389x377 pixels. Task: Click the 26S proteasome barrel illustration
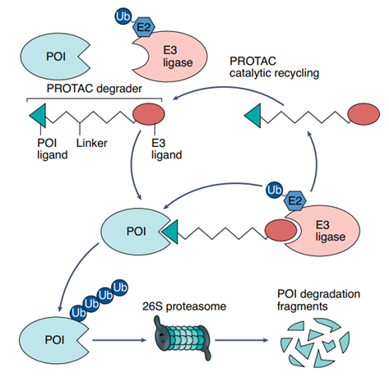pyautogui.click(x=182, y=338)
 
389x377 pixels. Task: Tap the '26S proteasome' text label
pyautogui.click(x=184, y=306)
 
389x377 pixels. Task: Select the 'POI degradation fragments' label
pyautogui.click(x=318, y=300)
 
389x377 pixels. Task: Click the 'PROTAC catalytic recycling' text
pyautogui.click(x=274, y=67)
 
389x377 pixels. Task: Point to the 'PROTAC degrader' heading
pyautogui.click(x=95, y=89)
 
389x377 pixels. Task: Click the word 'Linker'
pyautogui.click(x=91, y=143)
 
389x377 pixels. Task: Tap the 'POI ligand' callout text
pyautogui.click(x=53, y=149)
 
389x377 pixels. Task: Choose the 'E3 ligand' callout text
pyautogui.click(x=166, y=149)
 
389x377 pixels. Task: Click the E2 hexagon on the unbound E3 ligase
pyautogui.click(x=144, y=27)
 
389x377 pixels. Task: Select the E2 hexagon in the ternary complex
pyautogui.click(x=295, y=200)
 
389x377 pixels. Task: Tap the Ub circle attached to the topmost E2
pyautogui.click(x=123, y=16)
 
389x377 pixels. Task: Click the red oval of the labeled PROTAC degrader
pyautogui.click(x=149, y=114)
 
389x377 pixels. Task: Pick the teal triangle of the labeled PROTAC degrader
pyautogui.click(x=38, y=116)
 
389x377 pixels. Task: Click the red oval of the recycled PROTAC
pyautogui.click(x=364, y=114)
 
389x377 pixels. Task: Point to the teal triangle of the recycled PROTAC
pyautogui.click(x=253, y=116)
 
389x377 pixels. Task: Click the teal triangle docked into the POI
pyautogui.click(x=170, y=232)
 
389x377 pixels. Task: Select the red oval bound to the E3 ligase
pyautogui.click(x=281, y=230)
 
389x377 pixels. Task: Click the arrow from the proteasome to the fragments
pyautogui.click(x=242, y=340)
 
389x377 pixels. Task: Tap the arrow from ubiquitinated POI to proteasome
pyautogui.click(x=119, y=340)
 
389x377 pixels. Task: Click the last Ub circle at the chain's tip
pyautogui.click(x=120, y=287)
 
